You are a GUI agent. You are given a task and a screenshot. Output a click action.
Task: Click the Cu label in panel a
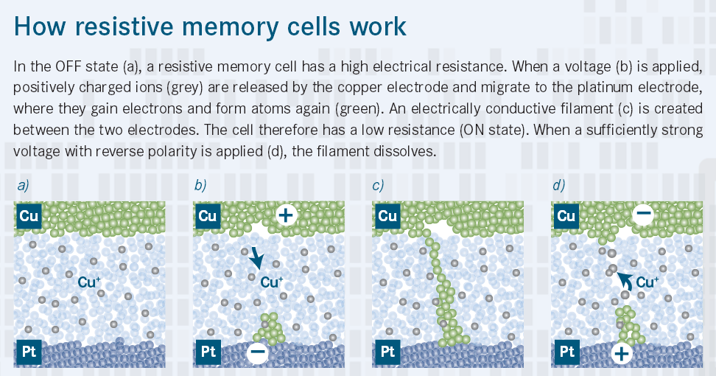tap(29, 216)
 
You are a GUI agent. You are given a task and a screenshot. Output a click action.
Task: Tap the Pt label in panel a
tap(29, 352)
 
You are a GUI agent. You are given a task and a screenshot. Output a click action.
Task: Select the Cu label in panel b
tap(208, 216)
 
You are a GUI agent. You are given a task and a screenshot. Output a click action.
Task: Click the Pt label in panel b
tap(207, 352)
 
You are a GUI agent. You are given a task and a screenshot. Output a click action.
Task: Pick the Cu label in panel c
tap(387, 216)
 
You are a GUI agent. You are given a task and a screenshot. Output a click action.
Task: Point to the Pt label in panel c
tap(387, 352)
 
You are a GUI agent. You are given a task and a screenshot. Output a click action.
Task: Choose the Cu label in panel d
tap(566, 216)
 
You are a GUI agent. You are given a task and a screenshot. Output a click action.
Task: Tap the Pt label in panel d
tap(566, 352)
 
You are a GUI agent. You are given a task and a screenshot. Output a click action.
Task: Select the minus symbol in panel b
tap(258, 353)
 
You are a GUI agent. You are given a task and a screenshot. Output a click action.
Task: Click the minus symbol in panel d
tap(643, 215)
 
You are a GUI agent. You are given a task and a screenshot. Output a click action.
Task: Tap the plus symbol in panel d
tap(622, 353)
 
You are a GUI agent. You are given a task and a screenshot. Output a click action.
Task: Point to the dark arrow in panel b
tap(255, 257)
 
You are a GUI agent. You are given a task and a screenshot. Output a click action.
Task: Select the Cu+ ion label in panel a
tap(89, 281)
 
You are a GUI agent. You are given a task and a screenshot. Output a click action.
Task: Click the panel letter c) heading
tap(379, 186)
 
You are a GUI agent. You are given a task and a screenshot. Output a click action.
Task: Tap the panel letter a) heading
tap(23, 186)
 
